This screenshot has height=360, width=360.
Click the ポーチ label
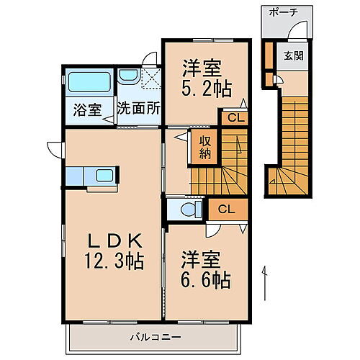(x=283, y=13)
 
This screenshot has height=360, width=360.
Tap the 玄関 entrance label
(x=293, y=56)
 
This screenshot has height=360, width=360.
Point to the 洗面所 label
(x=138, y=111)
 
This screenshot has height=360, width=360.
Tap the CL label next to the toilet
(x=225, y=210)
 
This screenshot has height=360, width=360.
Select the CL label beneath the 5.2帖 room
(x=235, y=118)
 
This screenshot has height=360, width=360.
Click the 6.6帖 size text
(x=205, y=279)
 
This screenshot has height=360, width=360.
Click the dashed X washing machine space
(x=152, y=76)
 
